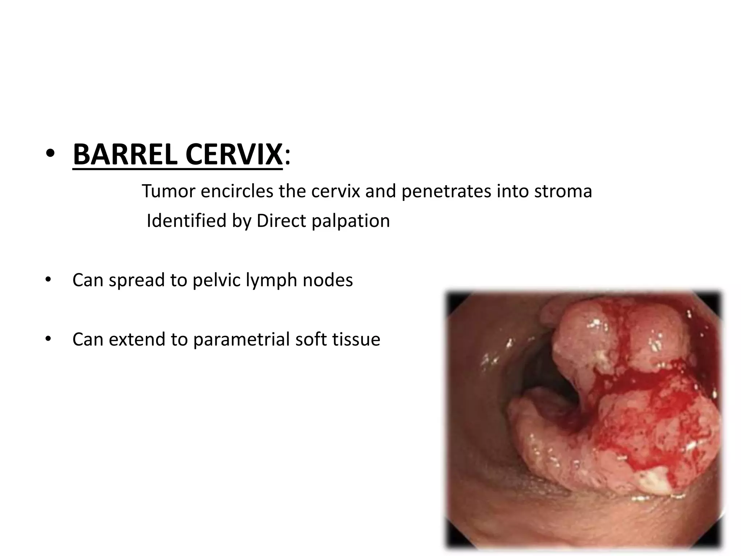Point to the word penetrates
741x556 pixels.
coord(446,191)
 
